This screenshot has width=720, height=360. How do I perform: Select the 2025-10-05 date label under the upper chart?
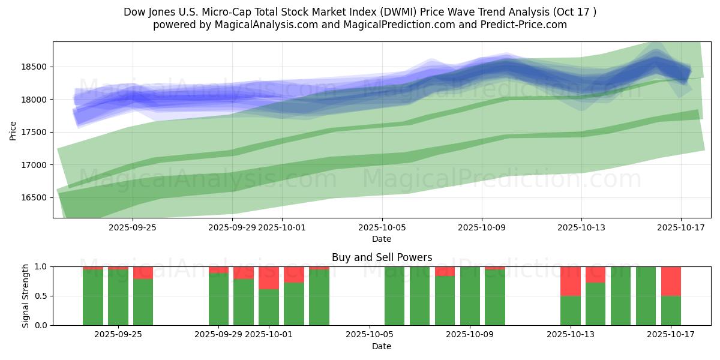point(382,228)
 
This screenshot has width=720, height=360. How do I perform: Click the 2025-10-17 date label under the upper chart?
point(680,228)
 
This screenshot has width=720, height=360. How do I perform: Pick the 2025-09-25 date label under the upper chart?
point(133,228)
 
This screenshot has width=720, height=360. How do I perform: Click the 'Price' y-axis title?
point(13,130)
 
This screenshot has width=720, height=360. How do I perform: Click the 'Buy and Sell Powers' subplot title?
point(382,258)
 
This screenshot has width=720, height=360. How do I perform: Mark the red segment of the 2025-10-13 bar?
point(571,281)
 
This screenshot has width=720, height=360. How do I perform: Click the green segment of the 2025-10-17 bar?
point(671,310)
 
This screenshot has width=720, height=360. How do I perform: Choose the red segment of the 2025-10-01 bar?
point(269,278)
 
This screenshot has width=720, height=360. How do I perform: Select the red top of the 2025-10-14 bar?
point(595,274)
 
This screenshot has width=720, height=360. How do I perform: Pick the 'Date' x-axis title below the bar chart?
point(382,346)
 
